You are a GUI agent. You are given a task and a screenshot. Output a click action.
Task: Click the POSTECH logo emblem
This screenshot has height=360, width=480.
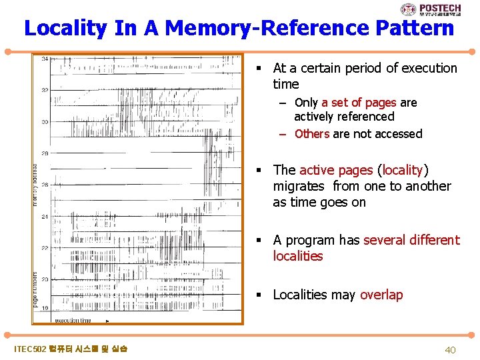coord(408,9)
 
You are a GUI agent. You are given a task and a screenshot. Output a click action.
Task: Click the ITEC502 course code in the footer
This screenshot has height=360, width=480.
coord(30,349)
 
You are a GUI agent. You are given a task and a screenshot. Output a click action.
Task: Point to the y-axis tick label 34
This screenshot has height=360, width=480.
coord(45,59)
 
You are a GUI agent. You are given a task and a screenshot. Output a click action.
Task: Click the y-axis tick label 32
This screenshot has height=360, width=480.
coord(45,90)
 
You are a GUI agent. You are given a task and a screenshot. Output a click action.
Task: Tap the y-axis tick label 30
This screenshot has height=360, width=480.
coord(45,122)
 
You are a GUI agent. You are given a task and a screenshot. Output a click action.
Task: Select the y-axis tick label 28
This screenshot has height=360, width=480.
coord(45,153)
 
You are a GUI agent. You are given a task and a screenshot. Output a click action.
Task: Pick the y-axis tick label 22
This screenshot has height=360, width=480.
coord(45,248)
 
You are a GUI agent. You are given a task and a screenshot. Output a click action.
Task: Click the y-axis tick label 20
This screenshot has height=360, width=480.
coord(45,279)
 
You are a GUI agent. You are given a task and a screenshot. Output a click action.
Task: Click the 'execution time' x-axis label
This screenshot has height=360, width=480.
coord(73,320)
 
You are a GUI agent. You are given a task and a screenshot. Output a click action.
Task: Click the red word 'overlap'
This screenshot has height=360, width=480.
coord(381,295)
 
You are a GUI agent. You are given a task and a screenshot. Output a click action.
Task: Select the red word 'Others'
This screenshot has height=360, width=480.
coord(312,133)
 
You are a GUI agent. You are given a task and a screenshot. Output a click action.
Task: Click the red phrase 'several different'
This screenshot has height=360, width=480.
coord(412,240)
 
